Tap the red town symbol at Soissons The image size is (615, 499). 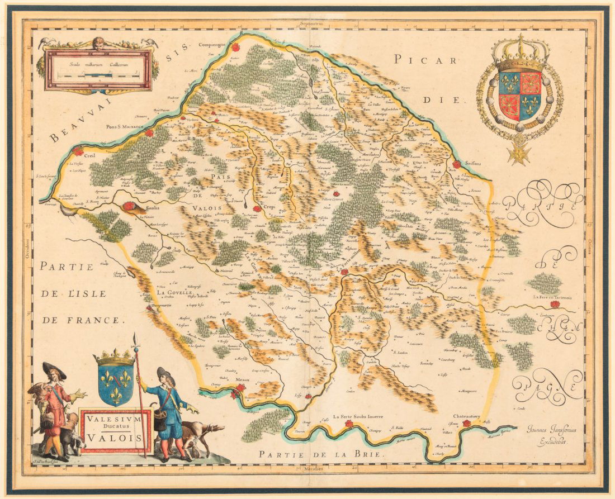click(457, 164)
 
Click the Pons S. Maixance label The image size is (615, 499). click(126, 127)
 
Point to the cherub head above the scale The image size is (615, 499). click(98, 43)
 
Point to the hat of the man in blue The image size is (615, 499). click(165, 373)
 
